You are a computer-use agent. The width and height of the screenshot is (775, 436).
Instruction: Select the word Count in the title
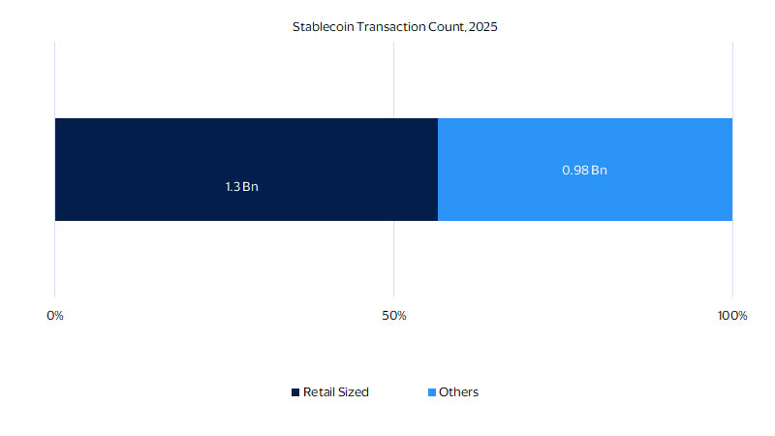click(x=447, y=27)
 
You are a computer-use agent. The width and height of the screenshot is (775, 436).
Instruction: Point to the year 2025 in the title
click(x=482, y=27)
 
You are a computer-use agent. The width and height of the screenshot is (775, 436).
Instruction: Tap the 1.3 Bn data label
click(x=241, y=186)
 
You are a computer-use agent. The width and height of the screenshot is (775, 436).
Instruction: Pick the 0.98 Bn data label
click(x=584, y=170)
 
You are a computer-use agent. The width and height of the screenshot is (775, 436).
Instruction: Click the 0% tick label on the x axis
click(x=55, y=316)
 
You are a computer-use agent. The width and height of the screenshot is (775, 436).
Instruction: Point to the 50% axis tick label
click(x=393, y=316)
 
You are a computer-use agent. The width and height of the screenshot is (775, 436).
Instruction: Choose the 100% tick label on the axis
click(x=731, y=316)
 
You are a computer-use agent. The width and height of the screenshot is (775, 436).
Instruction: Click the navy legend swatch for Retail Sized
click(x=296, y=392)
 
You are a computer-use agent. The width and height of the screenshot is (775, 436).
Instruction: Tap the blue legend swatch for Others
click(x=431, y=392)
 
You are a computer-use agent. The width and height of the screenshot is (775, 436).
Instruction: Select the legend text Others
click(x=458, y=392)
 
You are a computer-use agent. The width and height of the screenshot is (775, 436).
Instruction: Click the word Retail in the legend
click(x=319, y=392)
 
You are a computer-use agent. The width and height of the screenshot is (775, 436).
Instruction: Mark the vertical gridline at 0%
click(x=55, y=262)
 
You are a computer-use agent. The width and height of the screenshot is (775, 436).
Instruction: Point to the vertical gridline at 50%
click(x=393, y=262)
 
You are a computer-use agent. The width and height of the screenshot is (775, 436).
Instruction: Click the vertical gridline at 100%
click(x=732, y=262)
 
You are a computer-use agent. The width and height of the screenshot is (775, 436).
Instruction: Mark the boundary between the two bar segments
click(x=438, y=170)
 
